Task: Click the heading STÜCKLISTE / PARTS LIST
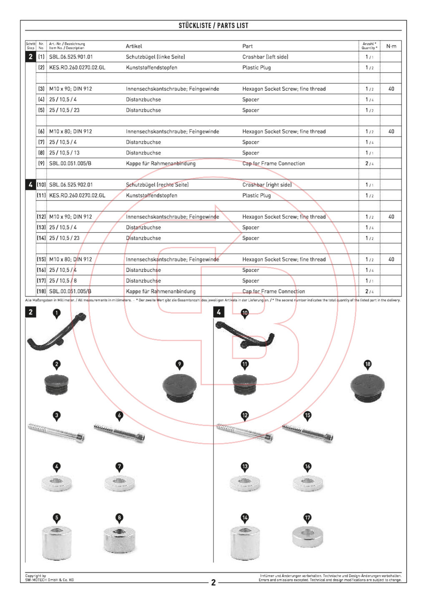click(213, 25)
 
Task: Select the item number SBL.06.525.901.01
click(71, 57)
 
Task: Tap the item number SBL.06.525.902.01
click(71, 184)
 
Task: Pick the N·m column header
click(391, 46)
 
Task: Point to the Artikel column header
click(134, 46)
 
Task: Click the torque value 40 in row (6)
click(391, 131)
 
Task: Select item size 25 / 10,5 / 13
click(64, 153)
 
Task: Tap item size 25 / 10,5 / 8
click(63, 281)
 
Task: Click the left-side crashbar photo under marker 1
click(56, 332)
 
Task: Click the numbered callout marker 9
click(180, 364)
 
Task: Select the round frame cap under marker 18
click(367, 387)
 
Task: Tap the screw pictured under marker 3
click(56, 432)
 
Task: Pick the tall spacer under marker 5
click(56, 542)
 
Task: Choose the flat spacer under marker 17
click(307, 537)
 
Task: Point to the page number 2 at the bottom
click(213, 582)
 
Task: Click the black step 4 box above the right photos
click(219, 312)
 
